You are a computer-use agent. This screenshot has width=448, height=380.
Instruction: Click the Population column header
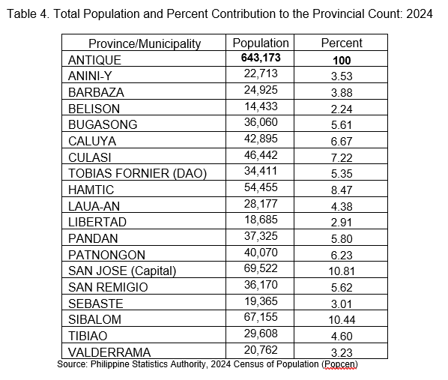pyautogui.click(x=261, y=43)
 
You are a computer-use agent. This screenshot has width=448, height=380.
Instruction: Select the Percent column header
pyautogui.click(x=342, y=43)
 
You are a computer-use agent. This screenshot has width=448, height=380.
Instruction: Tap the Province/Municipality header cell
pyautogui.click(x=145, y=43)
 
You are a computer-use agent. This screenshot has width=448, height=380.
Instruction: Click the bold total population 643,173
pyautogui.click(x=261, y=58)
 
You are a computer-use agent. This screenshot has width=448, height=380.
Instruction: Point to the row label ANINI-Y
pyautogui.click(x=90, y=76)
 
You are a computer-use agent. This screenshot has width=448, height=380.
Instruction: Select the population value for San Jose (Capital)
pyautogui.click(x=261, y=268)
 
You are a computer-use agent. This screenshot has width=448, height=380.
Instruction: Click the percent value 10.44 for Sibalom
pyautogui.click(x=342, y=320)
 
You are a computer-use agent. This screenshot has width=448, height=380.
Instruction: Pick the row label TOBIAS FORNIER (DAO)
pyautogui.click(x=137, y=174)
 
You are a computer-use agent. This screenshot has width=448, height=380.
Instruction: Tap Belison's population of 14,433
pyautogui.click(x=261, y=106)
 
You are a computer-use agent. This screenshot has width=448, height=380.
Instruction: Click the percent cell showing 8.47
pyautogui.click(x=342, y=190)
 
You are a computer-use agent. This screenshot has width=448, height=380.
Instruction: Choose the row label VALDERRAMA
pyautogui.click(x=109, y=352)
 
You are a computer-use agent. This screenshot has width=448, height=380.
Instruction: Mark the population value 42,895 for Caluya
pyautogui.click(x=261, y=139)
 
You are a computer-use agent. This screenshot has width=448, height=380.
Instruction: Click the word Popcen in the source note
pyautogui.click(x=339, y=364)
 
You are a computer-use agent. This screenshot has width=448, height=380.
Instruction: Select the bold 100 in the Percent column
pyautogui.click(x=342, y=61)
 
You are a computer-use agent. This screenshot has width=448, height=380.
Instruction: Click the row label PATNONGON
pyautogui.click(x=106, y=255)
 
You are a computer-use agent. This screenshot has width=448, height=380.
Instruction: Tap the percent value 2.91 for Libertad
pyautogui.click(x=342, y=223)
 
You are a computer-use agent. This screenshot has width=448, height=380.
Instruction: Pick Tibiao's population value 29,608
pyautogui.click(x=261, y=334)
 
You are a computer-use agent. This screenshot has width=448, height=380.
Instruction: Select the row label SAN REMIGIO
pyautogui.click(x=108, y=287)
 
